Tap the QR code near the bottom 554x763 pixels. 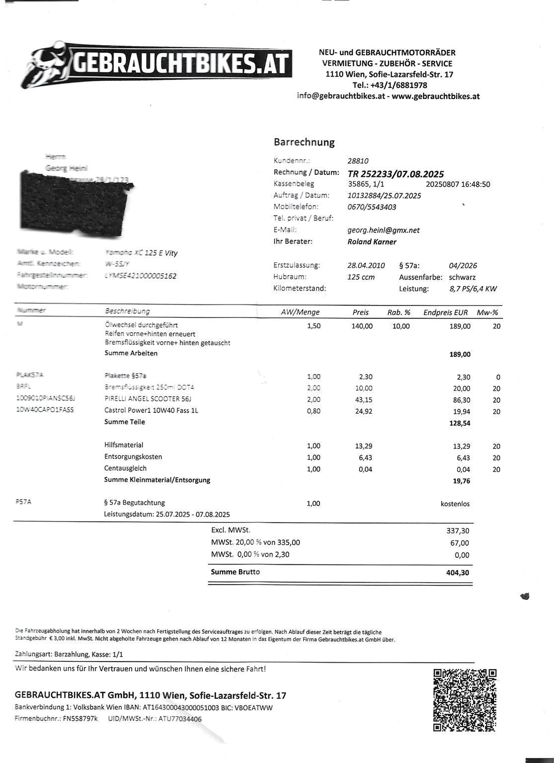pos(465,700)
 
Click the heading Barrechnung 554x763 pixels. pos(304,143)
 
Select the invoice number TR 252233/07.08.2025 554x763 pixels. pos(396,173)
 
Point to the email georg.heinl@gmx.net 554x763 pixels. pos(384,230)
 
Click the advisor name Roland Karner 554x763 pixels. pos(372,242)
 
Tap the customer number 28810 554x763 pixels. pos(358,161)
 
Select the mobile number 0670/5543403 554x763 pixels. pos(372,207)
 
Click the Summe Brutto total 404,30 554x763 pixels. pos(458,573)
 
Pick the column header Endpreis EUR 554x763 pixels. pos(445,312)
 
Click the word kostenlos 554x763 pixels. pos(455,504)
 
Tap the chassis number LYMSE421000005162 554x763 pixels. pos(141,276)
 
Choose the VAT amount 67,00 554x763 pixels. pos(460,543)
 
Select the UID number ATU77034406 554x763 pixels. pos(180,719)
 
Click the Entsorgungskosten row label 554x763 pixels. pos(133,457)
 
